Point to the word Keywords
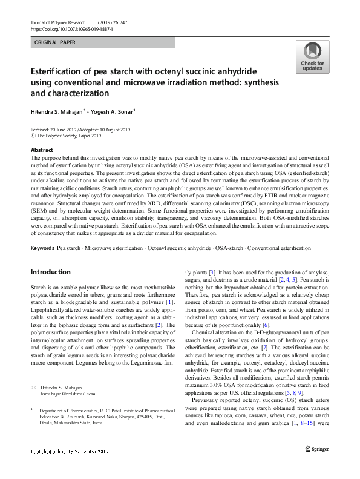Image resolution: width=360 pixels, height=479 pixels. (42, 249)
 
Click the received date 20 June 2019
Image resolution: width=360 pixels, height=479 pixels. (62, 130)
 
